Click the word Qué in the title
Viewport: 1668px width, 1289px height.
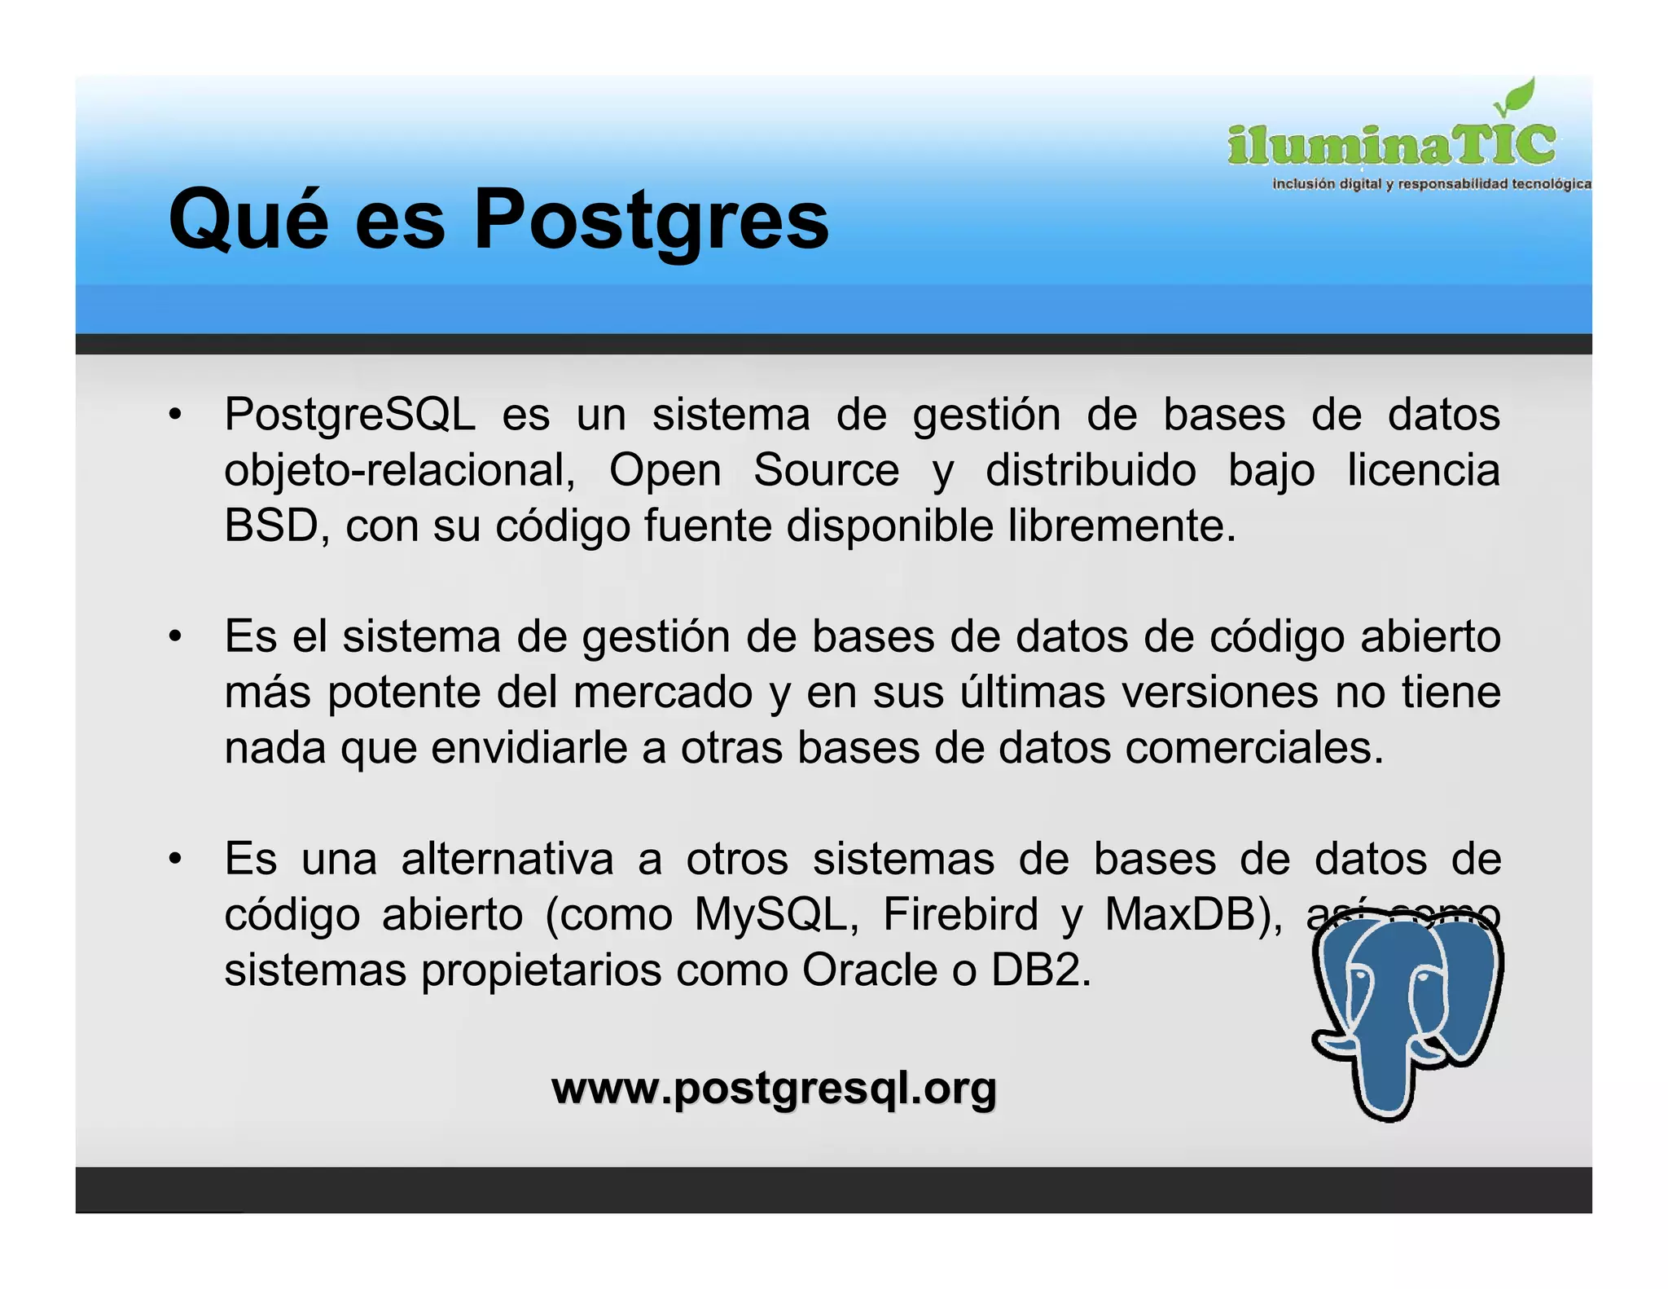pos(248,220)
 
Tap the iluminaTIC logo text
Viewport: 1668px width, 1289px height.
pos(1391,145)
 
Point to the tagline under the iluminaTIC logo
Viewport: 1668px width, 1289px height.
pos(1431,184)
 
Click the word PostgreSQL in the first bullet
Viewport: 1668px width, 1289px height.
pos(350,415)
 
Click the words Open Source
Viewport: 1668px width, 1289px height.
pos(753,470)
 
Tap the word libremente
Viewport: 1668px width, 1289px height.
pos(1122,526)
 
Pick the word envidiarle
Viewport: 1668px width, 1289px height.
pos(529,748)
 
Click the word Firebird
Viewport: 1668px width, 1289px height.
pos(960,914)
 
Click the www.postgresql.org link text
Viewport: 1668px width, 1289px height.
pos(774,1089)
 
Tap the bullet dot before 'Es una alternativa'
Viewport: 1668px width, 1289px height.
pos(174,859)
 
